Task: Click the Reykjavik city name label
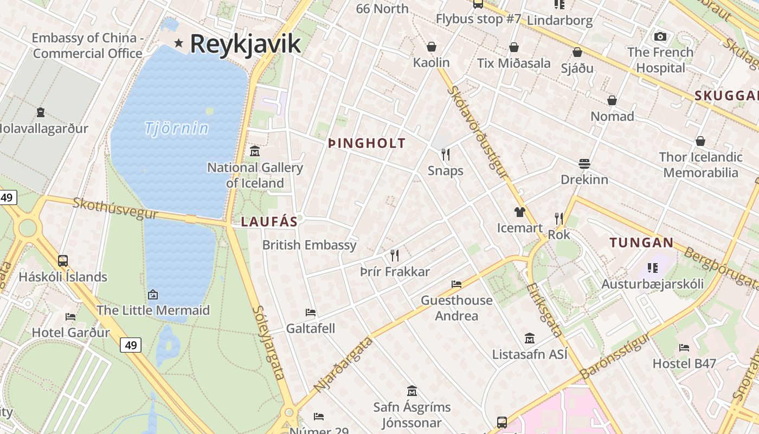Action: pyautogui.click(x=245, y=43)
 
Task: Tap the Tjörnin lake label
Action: pyautogui.click(x=177, y=129)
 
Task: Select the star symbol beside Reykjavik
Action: pyautogui.click(x=178, y=43)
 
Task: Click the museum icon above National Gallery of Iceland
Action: pyautogui.click(x=255, y=151)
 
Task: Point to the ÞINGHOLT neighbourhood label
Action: pyautogui.click(x=367, y=143)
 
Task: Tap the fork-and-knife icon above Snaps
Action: pyautogui.click(x=446, y=155)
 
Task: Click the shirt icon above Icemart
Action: pyautogui.click(x=520, y=212)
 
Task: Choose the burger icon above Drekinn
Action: pyautogui.click(x=584, y=163)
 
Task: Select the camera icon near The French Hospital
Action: pyautogui.click(x=660, y=36)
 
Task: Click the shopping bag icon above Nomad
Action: pyautogui.click(x=612, y=100)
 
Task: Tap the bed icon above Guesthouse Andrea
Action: pyautogui.click(x=456, y=284)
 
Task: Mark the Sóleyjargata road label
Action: pyautogui.click(x=269, y=342)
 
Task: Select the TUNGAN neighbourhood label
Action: pyautogui.click(x=641, y=242)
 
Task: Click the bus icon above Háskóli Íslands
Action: pyautogui.click(x=63, y=260)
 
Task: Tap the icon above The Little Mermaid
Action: pyautogui.click(x=153, y=295)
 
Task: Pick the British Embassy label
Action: pyautogui.click(x=310, y=245)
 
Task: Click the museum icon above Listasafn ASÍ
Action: pyautogui.click(x=530, y=339)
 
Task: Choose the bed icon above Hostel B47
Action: pyautogui.click(x=684, y=347)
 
